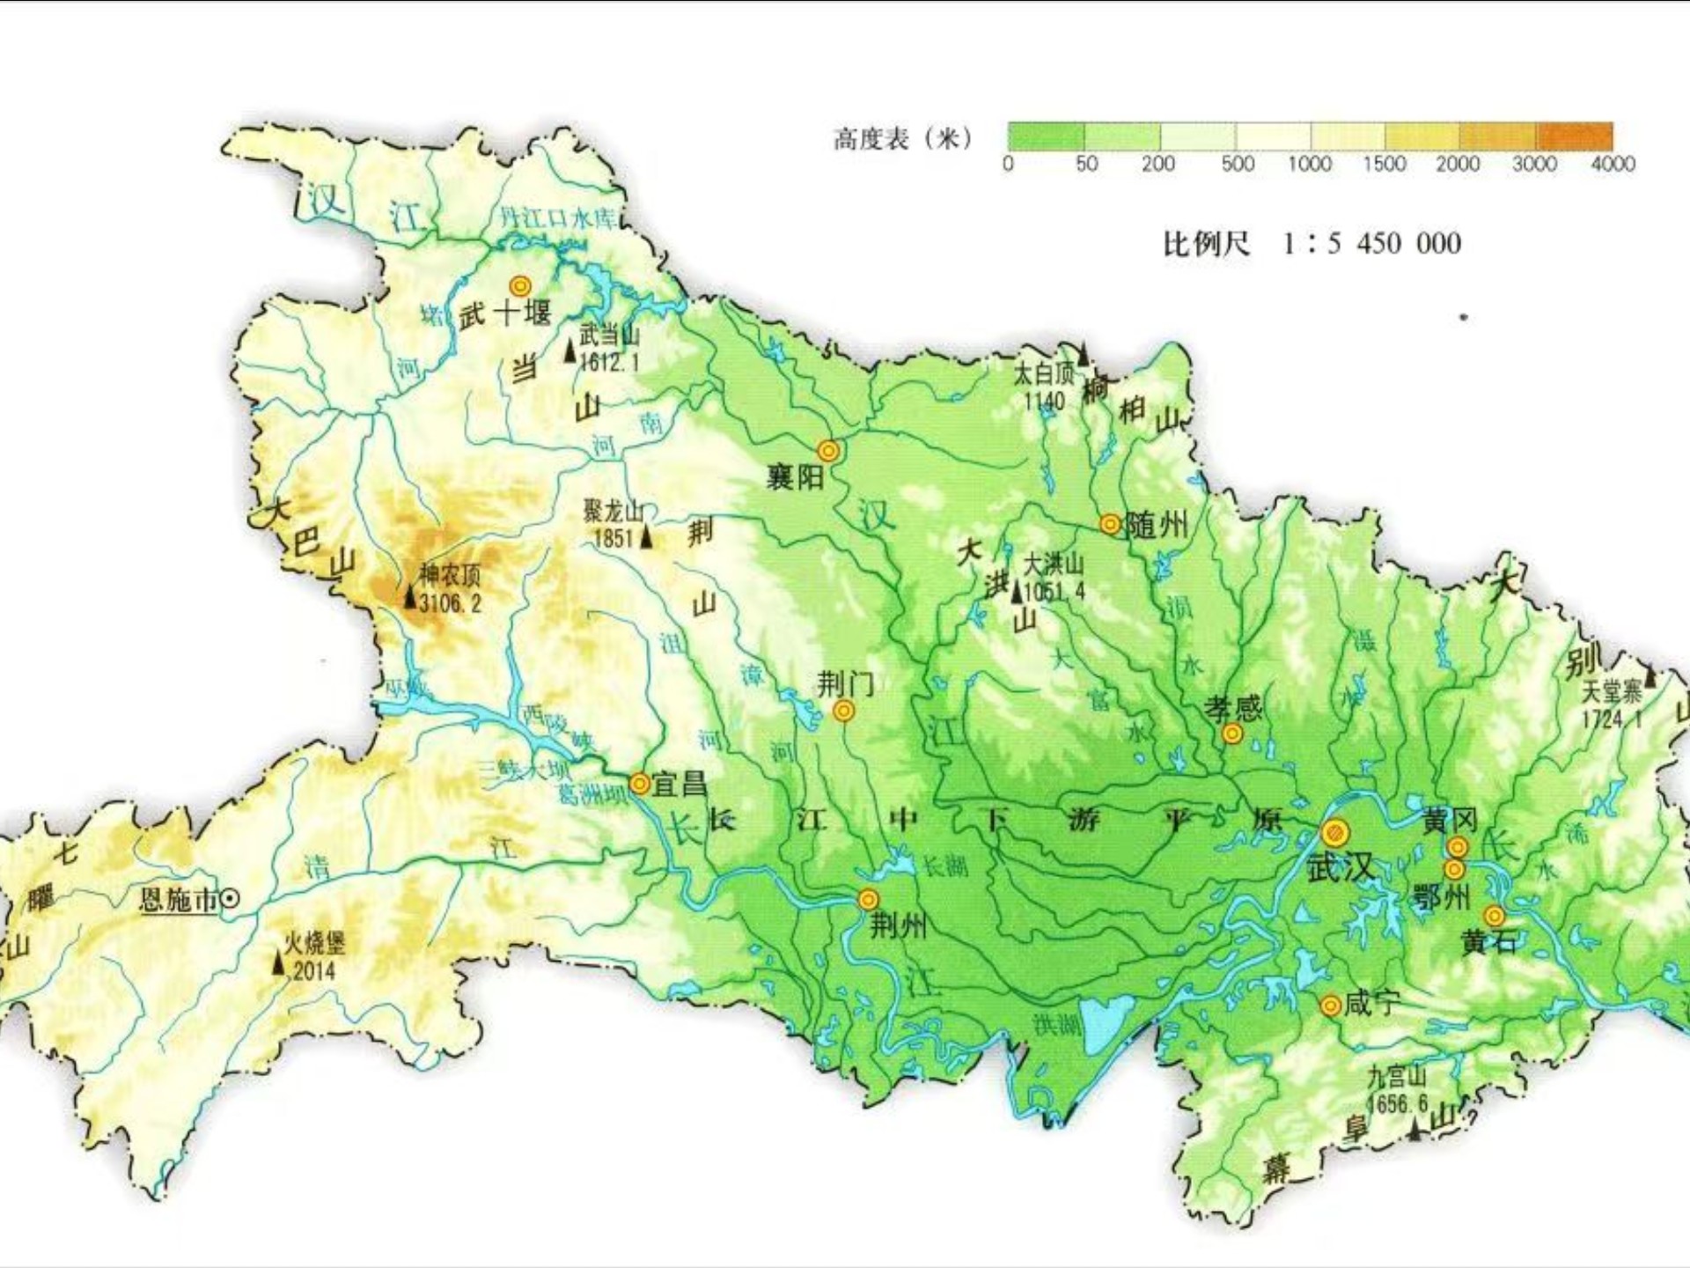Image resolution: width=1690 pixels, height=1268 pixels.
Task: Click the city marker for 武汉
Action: point(1335,832)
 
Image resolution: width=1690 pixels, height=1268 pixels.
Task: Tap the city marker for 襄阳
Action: point(828,452)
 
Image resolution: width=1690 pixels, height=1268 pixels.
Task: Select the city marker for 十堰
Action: point(520,286)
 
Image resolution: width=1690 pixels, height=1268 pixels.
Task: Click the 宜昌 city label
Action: point(679,784)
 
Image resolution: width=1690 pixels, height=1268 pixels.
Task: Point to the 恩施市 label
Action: point(180,899)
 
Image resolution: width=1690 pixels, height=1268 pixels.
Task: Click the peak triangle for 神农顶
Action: point(409,597)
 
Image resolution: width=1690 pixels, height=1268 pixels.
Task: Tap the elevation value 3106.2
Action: point(451,603)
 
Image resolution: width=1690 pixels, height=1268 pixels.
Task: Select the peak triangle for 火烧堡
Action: point(278,963)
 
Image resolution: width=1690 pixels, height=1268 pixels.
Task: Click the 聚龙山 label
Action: point(613,512)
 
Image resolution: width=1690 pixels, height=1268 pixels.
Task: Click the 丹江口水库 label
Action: point(558,217)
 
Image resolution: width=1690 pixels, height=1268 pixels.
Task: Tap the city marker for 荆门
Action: point(843,711)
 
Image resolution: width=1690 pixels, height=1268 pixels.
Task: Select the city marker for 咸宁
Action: point(1331,1005)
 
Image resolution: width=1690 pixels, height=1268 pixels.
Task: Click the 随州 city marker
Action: point(1111,525)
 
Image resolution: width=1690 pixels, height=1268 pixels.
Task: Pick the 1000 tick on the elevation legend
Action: point(1309,164)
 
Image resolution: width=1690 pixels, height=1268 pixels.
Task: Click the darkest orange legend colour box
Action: point(1575,136)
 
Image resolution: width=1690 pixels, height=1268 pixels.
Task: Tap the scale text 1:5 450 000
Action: point(1372,243)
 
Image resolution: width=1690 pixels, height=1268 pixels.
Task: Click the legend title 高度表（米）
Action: point(903,138)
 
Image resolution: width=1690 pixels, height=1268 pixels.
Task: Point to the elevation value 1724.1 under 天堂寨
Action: point(1613,719)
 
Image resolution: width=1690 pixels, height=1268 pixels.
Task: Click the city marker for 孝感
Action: point(1232,734)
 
